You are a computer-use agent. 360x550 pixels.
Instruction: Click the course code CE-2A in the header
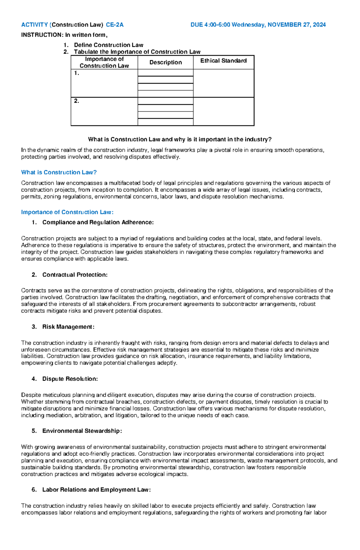[115, 25]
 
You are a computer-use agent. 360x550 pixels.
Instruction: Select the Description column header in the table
[166, 62]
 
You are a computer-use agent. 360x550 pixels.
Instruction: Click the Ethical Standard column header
[223, 61]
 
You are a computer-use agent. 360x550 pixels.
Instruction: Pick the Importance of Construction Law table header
[104, 62]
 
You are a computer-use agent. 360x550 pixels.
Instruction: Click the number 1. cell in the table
[77, 73]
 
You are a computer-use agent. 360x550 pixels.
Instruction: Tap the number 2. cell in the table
[77, 101]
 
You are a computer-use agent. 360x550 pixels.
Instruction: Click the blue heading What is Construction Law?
[59, 172]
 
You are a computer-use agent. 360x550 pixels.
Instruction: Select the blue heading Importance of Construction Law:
[67, 212]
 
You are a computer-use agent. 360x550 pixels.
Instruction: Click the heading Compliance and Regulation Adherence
[98, 222]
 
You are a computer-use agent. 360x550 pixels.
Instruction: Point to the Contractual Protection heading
[75, 275]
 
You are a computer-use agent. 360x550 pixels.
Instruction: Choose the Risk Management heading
[68, 327]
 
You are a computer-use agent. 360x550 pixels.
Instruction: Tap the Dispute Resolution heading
[70, 379]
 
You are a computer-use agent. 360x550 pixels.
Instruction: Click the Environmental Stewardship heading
[82, 431]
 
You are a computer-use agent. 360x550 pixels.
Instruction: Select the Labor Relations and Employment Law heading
[96, 490]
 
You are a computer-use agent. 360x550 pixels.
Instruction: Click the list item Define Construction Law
[109, 45]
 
